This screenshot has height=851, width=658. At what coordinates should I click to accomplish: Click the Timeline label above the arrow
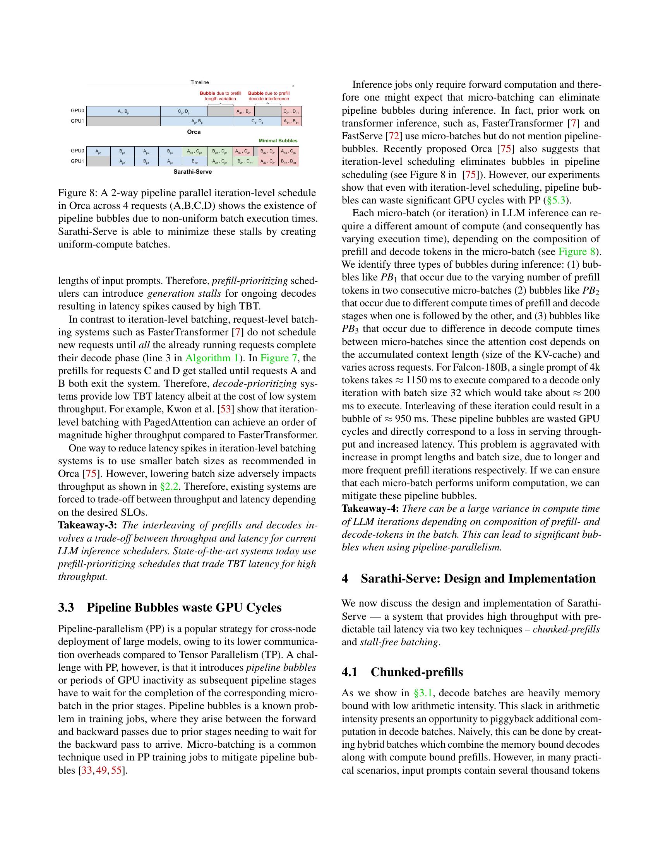click(200, 82)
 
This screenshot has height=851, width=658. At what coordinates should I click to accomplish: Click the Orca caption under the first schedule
click(194, 132)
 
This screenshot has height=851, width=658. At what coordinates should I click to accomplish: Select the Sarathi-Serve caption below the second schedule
click(193, 172)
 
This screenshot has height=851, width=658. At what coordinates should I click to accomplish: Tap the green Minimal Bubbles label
click(278, 141)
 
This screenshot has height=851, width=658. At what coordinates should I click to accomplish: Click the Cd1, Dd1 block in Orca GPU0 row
click(291, 111)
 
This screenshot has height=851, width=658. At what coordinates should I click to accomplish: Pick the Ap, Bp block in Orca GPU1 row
click(197, 121)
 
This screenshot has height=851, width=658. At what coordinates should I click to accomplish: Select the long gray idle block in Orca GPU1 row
click(123, 121)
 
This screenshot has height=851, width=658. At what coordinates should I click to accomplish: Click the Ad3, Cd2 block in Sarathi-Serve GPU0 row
click(289, 151)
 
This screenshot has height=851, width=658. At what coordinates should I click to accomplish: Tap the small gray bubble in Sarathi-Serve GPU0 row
click(256, 151)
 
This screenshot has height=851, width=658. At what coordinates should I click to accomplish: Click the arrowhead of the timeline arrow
click(293, 86)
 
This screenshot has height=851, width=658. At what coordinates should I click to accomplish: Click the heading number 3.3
click(66, 607)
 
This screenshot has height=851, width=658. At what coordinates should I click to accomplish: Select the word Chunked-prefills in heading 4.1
click(417, 672)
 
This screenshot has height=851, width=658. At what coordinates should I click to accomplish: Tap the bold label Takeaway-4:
click(370, 509)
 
